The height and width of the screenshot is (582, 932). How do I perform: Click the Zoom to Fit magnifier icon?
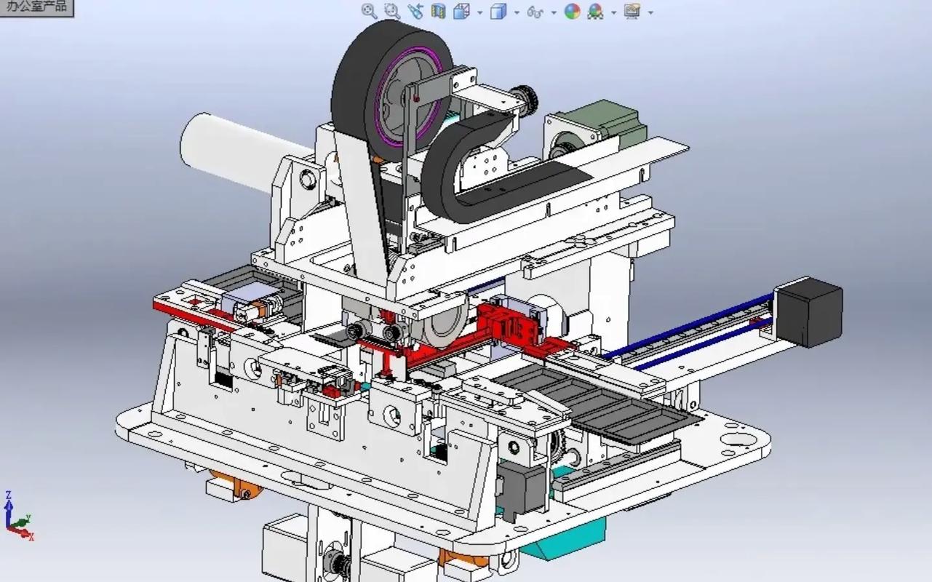[369, 11]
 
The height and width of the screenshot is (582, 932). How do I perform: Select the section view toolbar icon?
[438, 11]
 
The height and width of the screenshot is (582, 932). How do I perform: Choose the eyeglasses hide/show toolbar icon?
[535, 12]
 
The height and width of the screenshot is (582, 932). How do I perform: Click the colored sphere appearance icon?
[572, 11]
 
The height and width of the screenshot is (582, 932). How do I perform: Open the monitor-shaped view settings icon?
[632, 11]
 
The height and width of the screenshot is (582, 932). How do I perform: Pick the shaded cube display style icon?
[498, 12]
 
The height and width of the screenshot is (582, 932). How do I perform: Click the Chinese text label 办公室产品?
[36, 7]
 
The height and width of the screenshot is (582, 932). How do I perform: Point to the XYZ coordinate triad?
[17, 516]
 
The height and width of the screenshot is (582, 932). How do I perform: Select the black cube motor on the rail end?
[809, 312]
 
